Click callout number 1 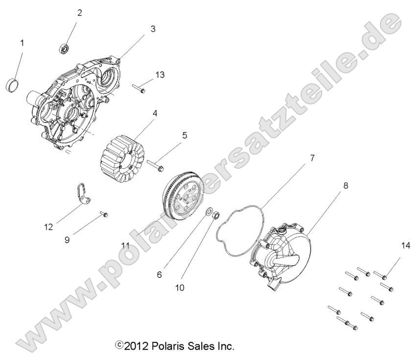click(x=22, y=43)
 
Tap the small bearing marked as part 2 click(x=64, y=48)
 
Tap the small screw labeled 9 click(x=104, y=214)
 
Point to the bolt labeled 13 click(x=139, y=90)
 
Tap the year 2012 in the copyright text click(x=133, y=346)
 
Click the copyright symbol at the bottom click(x=118, y=346)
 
